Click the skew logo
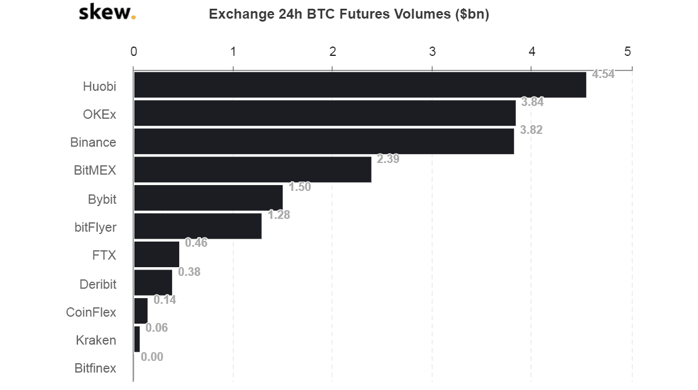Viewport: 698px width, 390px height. (x=107, y=12)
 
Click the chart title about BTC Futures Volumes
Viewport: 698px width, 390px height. (x=349, y=15)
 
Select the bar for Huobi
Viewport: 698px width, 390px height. (x=359, y=85)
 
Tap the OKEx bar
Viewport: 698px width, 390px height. (x=325, y=113)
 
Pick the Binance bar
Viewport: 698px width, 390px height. (x=323, y=141)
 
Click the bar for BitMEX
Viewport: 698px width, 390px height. (x=252, y=169)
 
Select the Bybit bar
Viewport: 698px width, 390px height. (x=208, y=198)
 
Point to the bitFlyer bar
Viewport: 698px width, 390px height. (x=197, y=226)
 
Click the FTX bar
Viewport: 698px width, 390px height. (x=156, y=254)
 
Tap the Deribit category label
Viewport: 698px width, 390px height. (x=98, y=284)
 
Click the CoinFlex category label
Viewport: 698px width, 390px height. (x=91, y=312)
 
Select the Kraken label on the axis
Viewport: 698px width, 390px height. (x=96, y=340)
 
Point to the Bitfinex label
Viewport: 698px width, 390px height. (x=95, y=368)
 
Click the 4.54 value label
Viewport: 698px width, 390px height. (x=603, y=74)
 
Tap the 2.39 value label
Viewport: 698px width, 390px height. (x=388, y=159)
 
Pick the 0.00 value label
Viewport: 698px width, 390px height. (x=152, y=357)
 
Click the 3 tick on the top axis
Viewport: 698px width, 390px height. (x=432, y=52)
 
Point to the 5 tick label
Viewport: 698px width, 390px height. (x=628, y=52)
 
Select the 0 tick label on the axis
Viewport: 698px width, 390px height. (x=134, y=52)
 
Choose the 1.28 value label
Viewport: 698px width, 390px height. (x=279, y=215)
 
